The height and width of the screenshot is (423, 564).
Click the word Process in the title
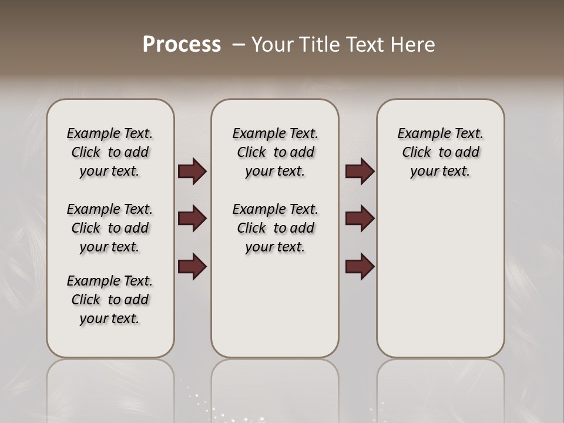click(x=182, y=44)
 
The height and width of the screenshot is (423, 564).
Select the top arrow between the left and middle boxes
click(x=192, y=171)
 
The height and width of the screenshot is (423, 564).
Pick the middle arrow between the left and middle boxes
click(x=192, y=219)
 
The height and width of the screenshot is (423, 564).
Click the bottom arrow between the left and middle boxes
click(x=192, y=267)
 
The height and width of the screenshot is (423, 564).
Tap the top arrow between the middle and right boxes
click(x=360, y=171)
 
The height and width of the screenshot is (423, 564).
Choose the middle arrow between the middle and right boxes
click(x=360, y=219)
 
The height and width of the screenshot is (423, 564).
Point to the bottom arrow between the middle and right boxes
click(x=360, y=267)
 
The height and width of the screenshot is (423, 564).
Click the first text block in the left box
click(x=110, y=152)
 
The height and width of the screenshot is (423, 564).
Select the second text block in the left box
click(x=110, y=228)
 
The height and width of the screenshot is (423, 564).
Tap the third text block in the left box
click(x=110, y=300)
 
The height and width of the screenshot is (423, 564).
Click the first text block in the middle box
click(x=275, y=152)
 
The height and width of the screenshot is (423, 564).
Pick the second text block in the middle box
click(x=275, y=228)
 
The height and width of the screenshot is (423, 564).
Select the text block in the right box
click(x=440, y=152)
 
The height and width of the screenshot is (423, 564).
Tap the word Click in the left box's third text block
click(x=86, y=300)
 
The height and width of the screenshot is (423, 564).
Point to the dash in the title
click(x=239, y=45)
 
